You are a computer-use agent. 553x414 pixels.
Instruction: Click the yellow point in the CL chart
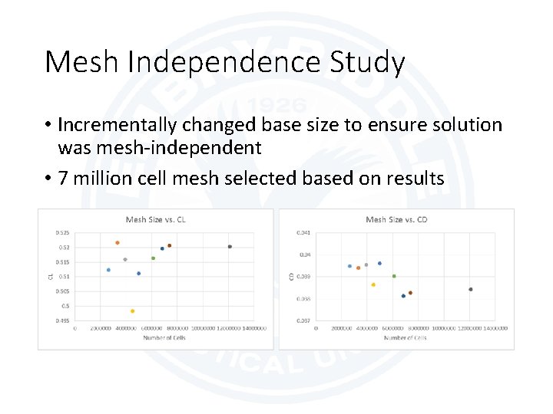[132, 311]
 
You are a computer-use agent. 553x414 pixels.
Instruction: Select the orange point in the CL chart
[118, 243]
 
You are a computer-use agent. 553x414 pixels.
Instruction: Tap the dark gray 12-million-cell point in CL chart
[230, 247]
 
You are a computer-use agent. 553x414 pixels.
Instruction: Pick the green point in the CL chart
[154, 258]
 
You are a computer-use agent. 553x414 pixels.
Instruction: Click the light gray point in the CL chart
[125, 260]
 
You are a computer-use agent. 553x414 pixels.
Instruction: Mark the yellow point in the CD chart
[373, 284]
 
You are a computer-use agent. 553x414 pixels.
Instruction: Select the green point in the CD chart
[394, 276]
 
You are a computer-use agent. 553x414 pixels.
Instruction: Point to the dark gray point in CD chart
[471, 289]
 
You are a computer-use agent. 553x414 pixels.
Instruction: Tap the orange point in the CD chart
[358, 268]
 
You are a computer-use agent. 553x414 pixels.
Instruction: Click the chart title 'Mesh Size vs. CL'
[156, 220]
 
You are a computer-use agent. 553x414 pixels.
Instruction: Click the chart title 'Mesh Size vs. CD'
[396, 220]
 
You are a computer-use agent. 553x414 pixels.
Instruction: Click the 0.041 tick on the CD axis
[303, 233]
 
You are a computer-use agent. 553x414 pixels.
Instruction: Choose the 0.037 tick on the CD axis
[303, 320]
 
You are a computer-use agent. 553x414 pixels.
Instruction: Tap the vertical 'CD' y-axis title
[291, 276]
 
